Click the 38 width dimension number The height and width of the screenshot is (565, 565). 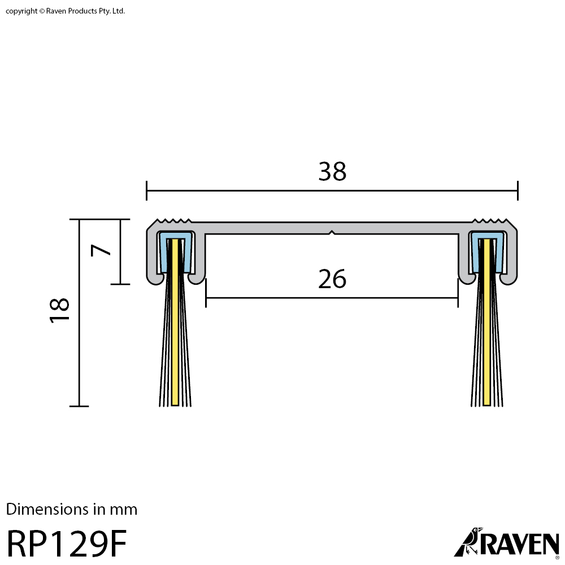click(332, 172)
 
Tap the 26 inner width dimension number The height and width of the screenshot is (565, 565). click(332, 279)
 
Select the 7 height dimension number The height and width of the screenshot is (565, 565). click(101, 250)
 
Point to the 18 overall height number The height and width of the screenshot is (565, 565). click(59, 310)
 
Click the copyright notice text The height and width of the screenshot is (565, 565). click(65, 11)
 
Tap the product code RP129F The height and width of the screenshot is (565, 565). click(67, 544)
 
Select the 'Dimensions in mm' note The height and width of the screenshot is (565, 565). click(72, 510)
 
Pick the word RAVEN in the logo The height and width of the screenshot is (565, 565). click(518, 544)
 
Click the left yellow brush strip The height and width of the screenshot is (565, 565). click(175, 322)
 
